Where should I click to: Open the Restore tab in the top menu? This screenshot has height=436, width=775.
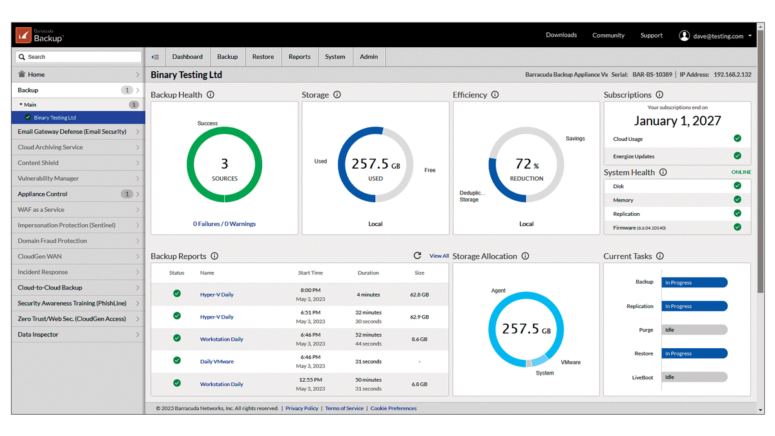point(263,57)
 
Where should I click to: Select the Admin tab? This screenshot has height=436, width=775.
point(369,57)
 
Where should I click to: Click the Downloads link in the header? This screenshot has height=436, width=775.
point(561,36)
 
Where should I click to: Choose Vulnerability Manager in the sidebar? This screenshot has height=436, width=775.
point(48,178)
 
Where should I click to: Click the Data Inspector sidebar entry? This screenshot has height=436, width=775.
point(38,335)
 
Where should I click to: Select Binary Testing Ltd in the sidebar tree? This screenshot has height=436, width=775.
point(55,118)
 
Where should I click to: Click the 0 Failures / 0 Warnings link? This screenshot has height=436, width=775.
point(224,224)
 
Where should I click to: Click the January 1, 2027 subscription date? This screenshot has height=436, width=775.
point(677,121)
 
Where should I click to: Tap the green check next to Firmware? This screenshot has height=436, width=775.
point(738,227)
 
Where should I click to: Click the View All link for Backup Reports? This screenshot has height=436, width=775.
point(439,256)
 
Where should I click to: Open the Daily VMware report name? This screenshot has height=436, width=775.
point(217,362)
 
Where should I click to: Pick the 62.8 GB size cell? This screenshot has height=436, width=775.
point(419,295)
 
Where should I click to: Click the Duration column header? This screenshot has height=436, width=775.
point(368,273)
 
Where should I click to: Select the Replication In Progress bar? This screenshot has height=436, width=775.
point(694,306)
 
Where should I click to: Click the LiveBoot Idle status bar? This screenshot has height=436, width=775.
point(694,377)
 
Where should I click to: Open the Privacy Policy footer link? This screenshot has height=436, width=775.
point(302,408)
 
